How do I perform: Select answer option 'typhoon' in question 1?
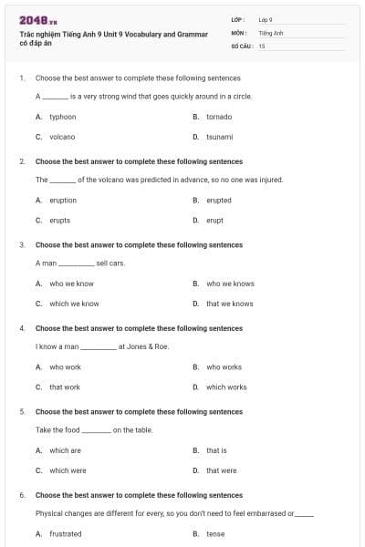pos(62,117)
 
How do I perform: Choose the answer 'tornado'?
pos(219,117)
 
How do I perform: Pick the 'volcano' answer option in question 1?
pos(62,137)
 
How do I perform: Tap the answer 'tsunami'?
pos(219,137)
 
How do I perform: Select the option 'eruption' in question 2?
pos(63,201)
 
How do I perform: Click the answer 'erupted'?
pos(219,201)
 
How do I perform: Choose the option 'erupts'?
pos(59,220)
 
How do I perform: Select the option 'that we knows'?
pos(230,304)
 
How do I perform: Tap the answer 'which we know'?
pos(74,304)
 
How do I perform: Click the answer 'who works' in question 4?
pos(224,367)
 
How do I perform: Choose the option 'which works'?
pos(226,387)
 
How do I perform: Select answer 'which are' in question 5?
pos(65,450)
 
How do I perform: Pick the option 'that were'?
pos(222,470)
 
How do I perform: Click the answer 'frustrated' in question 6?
pos(66,534)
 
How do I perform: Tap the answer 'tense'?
pos(215,534)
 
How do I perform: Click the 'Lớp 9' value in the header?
pos(266,19)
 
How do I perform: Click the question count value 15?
pos(262,45)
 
